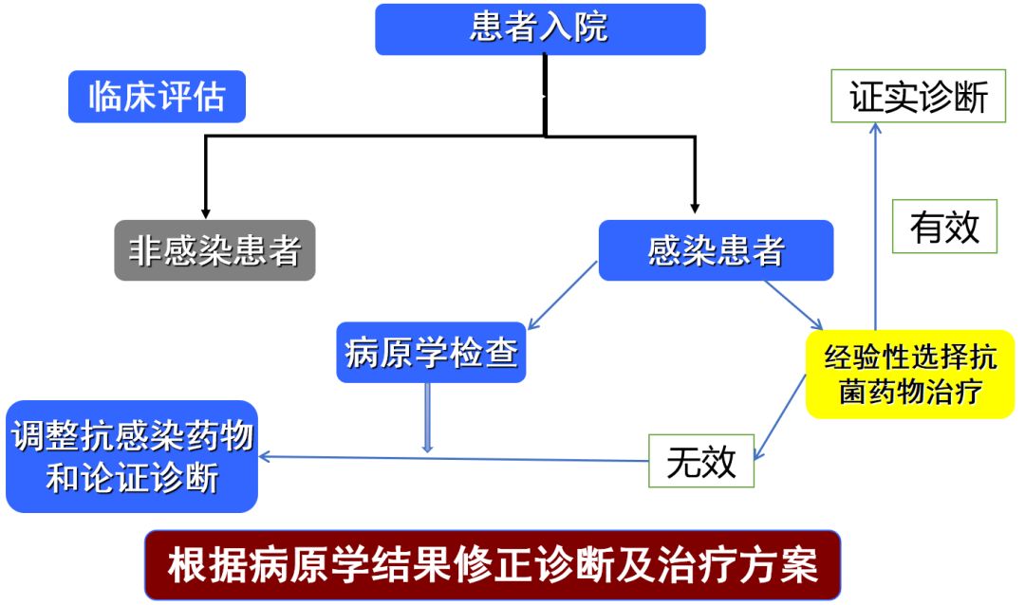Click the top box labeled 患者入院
point(540,29)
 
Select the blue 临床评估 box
point(157,97)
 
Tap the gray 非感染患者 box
point(214,250)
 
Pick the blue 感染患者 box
point(716,250)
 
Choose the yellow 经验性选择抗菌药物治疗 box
point(909,374)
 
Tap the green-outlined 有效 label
point(944,227)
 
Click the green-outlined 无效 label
point(701,461)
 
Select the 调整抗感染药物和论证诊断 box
point(132,457)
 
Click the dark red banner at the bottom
point(493,565)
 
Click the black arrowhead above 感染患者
point(695,206)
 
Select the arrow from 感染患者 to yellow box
point(797,304)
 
